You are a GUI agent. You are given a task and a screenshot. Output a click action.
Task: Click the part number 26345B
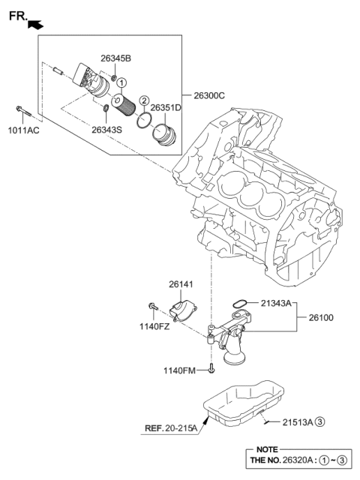point(116,58)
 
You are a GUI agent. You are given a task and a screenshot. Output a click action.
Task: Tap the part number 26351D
point(166,107)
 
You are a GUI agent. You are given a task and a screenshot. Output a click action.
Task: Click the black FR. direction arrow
point(34,25)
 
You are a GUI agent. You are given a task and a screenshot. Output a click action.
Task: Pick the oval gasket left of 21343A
point(239,303)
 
